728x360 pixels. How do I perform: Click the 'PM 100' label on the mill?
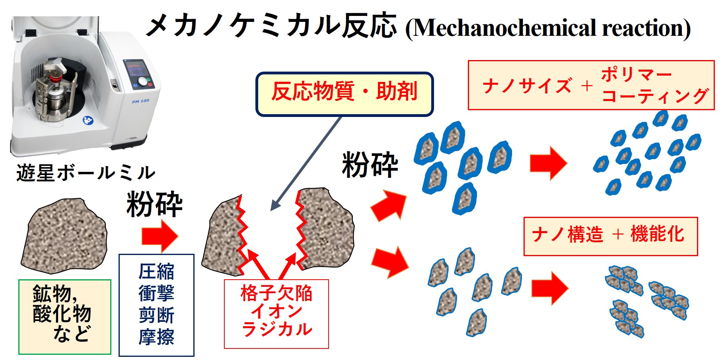point(140,101)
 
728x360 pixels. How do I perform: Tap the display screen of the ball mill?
point(136,68)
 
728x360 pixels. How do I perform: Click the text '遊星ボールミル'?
point(86,173)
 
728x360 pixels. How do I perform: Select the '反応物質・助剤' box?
point(345,94)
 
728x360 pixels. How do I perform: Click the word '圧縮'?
point(156,272)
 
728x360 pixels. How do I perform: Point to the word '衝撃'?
point(156,294)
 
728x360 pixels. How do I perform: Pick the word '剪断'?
point(156,315)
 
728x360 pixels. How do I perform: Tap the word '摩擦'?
point(156,337)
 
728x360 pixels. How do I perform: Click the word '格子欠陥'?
point(276,293)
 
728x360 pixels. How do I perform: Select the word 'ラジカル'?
point(277,329)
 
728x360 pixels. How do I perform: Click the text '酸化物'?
point(62,314)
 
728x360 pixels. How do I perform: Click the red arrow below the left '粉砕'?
point(160,236)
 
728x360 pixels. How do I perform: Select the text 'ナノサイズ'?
point(527,86)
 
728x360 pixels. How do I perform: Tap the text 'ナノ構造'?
point(568,234)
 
